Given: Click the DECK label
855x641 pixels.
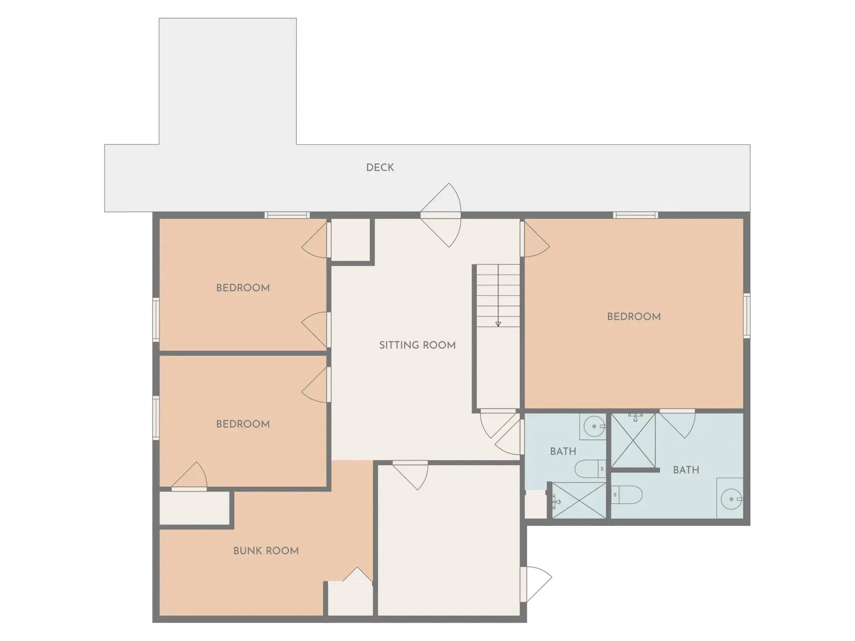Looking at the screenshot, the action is [380, 168].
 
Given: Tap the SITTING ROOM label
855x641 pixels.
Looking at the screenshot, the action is [418, 345].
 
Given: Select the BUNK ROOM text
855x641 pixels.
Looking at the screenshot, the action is [266, 551].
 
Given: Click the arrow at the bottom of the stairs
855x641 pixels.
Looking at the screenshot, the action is [498, 324].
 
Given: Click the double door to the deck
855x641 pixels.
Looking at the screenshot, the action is [441, 215].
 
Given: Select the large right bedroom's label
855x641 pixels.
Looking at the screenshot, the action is [634, 317].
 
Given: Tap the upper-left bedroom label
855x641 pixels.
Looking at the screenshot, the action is [243, 288].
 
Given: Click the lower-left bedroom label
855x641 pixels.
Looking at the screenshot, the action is [243, 424].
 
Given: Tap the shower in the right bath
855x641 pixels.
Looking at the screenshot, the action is [633, 440].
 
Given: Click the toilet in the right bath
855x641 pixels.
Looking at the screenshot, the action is [627, 495].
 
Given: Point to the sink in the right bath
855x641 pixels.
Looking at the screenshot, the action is [730, 499].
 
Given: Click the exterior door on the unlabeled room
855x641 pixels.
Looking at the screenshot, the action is [536, 584].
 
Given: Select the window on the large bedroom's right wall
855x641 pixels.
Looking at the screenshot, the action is [747, 316].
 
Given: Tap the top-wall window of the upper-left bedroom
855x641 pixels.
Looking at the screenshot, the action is [287, 215].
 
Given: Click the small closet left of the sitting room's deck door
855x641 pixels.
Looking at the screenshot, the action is [351, 239].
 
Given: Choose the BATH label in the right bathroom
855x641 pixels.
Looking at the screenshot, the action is [686, 470].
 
